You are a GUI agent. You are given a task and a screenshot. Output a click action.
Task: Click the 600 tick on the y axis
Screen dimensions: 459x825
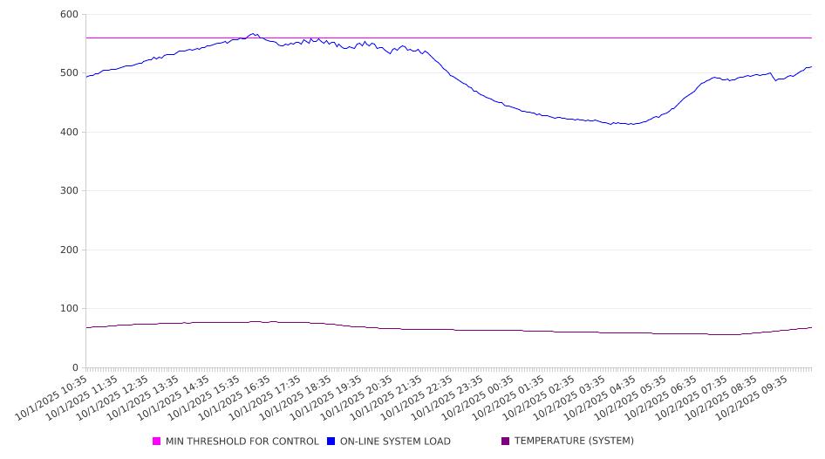(68, 15)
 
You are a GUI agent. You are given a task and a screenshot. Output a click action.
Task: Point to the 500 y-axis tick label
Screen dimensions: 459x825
(68, 73)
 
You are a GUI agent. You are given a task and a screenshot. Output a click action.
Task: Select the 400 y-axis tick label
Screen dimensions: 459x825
(68, 133)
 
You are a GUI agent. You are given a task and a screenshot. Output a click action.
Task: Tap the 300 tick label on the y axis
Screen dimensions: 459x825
(68, 191)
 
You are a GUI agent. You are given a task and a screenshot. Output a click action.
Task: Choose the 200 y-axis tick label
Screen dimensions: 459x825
(68, 250)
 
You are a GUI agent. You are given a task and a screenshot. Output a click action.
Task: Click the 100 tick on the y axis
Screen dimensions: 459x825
(68, 309)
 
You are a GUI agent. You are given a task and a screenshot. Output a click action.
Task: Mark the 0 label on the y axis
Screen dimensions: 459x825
(75, 367)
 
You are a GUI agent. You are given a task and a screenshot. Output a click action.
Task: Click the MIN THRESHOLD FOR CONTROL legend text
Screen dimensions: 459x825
(242, 442)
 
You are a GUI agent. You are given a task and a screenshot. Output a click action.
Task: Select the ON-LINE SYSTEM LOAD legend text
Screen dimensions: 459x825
(395, 442)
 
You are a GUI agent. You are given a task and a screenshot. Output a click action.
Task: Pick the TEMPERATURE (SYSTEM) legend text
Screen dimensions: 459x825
(574, 442)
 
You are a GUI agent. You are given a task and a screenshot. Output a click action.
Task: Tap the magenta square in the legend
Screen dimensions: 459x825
(157, 442)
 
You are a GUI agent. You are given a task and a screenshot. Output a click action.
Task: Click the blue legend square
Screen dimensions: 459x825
(331, 442)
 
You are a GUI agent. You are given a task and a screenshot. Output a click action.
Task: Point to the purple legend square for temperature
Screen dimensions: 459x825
(506, 442)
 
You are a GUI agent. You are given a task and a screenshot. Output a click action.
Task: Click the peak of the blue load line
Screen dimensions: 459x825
(254, 34)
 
